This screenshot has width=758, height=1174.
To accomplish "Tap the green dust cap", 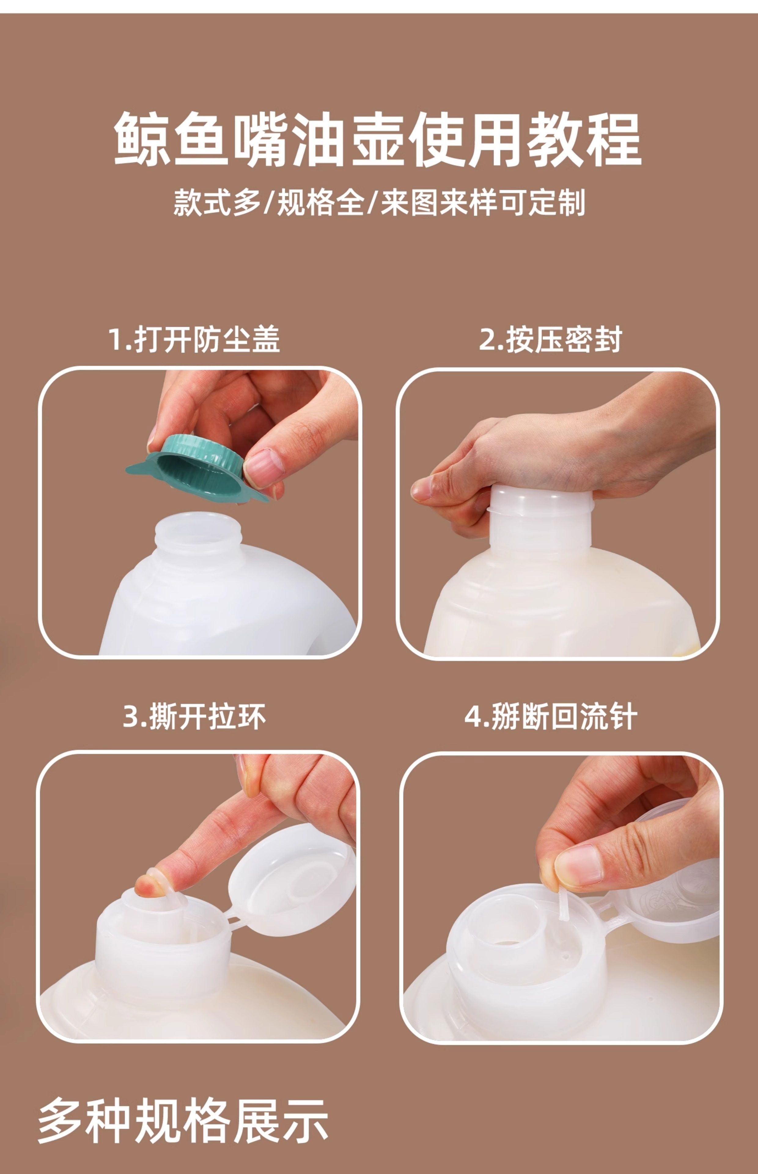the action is (x=197, y=468).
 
